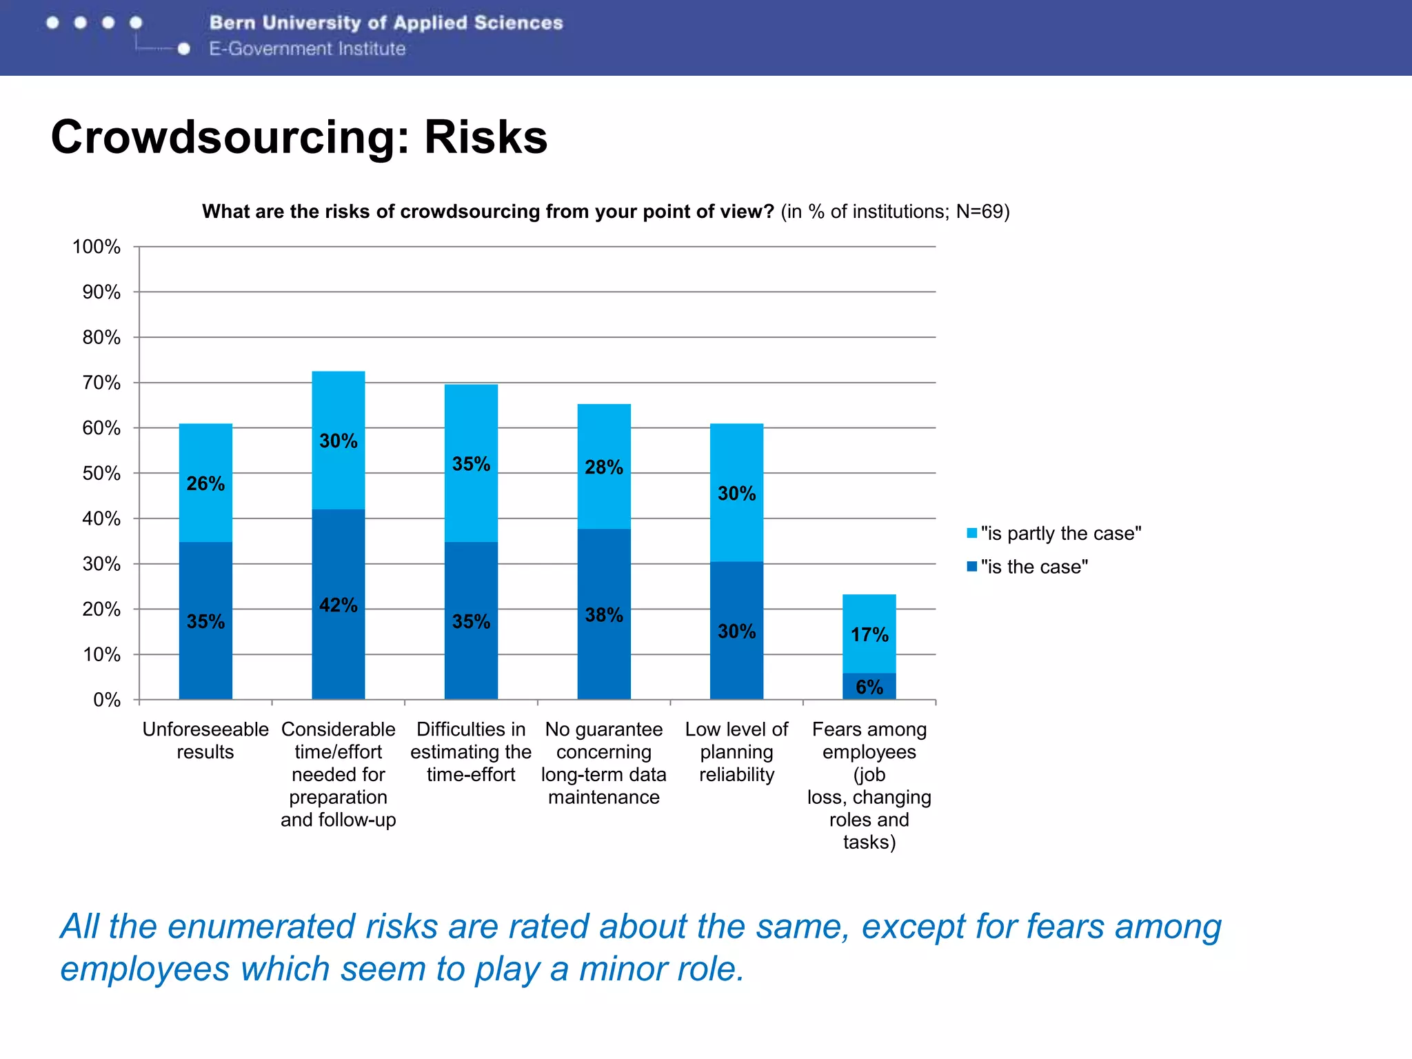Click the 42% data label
338,605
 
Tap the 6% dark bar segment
869,687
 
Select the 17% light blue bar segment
869,634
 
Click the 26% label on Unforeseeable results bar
205,483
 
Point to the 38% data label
603,614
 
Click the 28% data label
603,467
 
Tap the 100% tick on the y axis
97,246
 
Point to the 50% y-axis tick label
101,473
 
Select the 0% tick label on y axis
107,700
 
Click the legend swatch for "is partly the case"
971,533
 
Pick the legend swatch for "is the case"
971,566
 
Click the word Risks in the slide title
485,137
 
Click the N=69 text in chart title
982,211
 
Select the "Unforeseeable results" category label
205,740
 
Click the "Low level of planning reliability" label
736,752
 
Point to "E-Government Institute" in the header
307,49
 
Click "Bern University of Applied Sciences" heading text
386,23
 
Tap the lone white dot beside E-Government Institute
183,49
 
